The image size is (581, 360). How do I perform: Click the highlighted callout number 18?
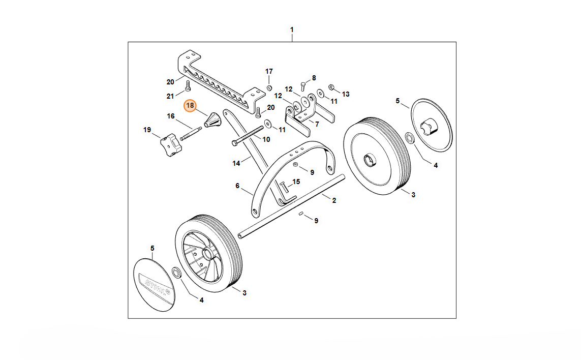[190, 106]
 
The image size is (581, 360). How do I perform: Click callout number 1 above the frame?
[292, 30]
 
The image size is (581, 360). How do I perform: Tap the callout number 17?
[269, 71]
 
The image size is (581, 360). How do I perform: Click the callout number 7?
[317, 124]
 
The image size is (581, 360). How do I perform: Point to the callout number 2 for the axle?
[334, 200]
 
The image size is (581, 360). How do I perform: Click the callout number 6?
[237, 186]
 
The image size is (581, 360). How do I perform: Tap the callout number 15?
[296, 182]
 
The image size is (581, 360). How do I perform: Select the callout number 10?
[266, 139]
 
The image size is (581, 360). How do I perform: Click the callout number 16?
[171, 116]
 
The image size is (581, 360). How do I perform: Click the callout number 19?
[147, 130]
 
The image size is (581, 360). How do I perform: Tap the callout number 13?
[346, 94]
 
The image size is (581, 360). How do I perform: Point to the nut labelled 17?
[269, 87]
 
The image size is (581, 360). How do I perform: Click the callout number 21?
[171, 96]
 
